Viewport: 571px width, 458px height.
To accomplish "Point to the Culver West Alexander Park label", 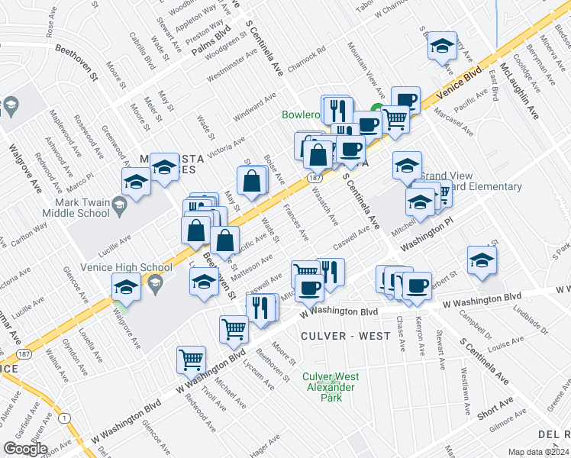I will tap(330, 382).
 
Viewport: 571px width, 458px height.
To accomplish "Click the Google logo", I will tap(26, 449).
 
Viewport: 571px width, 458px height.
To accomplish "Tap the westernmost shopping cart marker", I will tap(190, 359).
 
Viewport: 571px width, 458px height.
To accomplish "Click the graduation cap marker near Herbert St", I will tap(482, 260).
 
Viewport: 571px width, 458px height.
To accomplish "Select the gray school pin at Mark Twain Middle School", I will tap(119, 204).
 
